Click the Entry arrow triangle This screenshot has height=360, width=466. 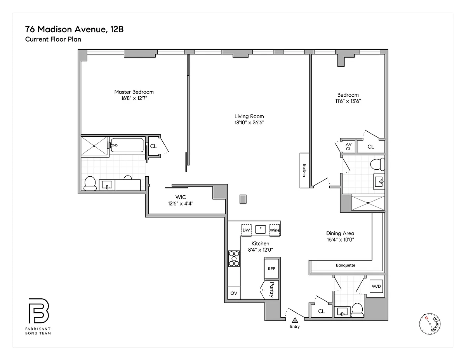coord(295,320)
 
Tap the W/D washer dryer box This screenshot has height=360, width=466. coord(376,286)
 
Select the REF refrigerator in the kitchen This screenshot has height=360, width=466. coord(271,269)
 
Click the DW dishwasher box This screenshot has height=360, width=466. coord(246,230)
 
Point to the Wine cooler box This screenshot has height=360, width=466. coord(275,230)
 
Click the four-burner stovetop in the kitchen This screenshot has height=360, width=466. coord(234,259)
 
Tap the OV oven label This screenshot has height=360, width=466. coord(234,293)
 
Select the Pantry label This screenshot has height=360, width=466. coord(272,290)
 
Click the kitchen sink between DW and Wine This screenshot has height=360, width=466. coord(261,230)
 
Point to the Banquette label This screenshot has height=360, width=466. coord(346,265)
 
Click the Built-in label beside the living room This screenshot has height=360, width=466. coord(304,170)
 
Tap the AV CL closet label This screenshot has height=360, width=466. coord(348,147)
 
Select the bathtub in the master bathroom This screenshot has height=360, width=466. coord(127,145)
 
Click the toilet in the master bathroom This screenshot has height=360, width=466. coord(90,184)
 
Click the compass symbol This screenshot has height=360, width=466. coord(430,324)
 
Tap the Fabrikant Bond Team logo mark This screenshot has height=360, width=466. coord(39,311)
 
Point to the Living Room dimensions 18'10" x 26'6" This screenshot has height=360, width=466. coord(249,122)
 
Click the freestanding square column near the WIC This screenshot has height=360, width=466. coord(243,199)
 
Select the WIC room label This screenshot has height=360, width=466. coord(181,197)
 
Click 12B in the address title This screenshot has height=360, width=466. coord(117,29)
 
